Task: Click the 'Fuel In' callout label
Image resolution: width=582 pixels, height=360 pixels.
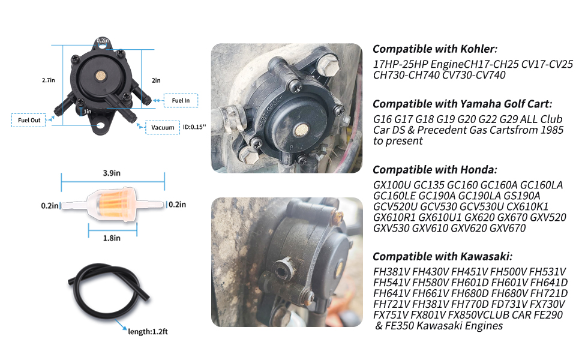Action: (x=181, y=101)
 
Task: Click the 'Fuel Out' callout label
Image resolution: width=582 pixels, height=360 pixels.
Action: (x=29, y=120)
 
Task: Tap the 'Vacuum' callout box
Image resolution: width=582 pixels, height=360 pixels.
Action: (x=163, y=127)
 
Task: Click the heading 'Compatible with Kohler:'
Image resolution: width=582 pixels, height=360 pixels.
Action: (x=435, y=49)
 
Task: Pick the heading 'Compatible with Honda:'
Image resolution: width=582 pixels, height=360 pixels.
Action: (x=434, y=170)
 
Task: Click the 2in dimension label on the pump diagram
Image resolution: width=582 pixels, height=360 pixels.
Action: (x=156, y=80)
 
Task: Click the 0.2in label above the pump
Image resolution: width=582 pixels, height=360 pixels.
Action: (x=102, y=40)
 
